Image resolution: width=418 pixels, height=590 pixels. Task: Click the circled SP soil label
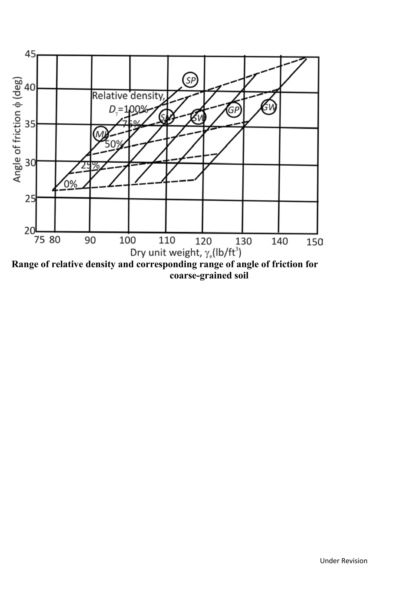pyautogui.click(x=190, y=80)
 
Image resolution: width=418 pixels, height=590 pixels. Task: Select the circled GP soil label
pyautogui.click(x=234, y=110)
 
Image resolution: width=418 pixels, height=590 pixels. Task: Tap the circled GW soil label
pyautogui.click(x=269, y=107)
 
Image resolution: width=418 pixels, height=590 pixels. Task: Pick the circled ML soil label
pyautogui.click(x=100, y=134)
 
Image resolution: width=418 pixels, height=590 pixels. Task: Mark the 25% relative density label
pyautogui.click(x=90, y=165)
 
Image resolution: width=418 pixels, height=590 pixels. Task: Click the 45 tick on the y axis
pyautogui.click(x=30, y=54)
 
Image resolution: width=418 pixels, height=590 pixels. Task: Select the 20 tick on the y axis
pyautogui.click(x=30, y=231)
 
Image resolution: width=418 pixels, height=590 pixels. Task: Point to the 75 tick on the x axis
pyautogui.click(x=39, y=240)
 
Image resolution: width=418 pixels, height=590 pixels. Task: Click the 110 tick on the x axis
pyautogui.click(x=167, y=241)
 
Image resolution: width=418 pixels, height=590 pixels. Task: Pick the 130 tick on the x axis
pyautogui.click(x=243, y=241)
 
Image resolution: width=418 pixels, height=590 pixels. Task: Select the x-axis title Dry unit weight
pyautogui.click(x=186, y=253)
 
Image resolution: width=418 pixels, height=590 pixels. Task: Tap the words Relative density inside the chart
pyautogui.click(x=128, y=96)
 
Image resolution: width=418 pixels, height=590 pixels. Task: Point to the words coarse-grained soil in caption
pyautogui.click(x=209, y=276)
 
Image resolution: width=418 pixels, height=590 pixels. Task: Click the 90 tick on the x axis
pyautogui.click(x=90, y=240)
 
